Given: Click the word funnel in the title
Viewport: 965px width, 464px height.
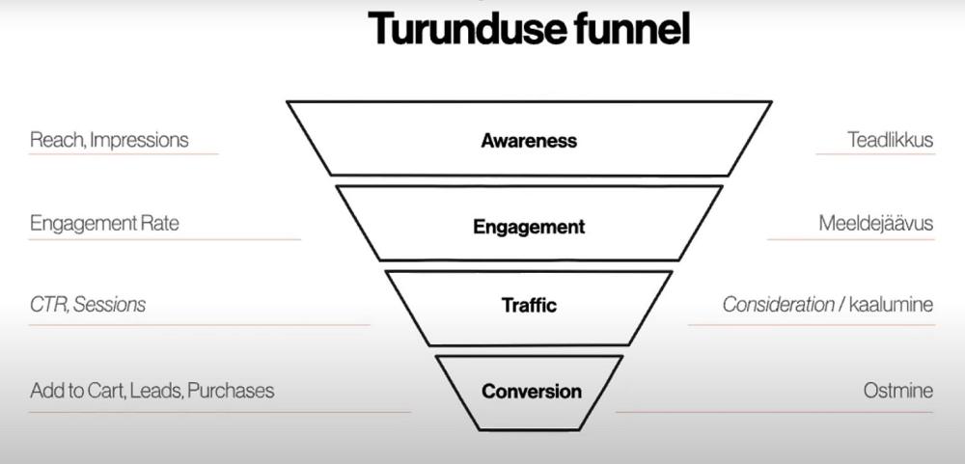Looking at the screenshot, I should pyautogui.click(x=631, y=29).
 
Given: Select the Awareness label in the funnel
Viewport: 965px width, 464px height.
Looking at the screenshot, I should pyautogui.click(x=529, y=141).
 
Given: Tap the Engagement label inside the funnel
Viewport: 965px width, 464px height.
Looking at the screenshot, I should pyautogui.click(x=529, y=228).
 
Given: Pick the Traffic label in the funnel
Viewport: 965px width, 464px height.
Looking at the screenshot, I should pyautogui.click(x=529, y=306).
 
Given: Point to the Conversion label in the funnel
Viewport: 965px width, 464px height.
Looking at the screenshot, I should pyautogui.click(x=532, y=392).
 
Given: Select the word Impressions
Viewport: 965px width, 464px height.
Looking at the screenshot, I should pyautogui.click(x=139, y=140).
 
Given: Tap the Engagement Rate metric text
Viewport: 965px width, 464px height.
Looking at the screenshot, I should pyautogui.click(x=104, y=224).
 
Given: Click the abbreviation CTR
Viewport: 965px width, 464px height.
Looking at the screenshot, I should pyautogui.click(x=48, y=305).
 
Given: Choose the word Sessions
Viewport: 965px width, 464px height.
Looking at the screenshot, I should pyautogui.click(x=110, y=305).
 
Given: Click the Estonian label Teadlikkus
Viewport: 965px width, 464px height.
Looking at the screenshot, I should pyautogui.click(x=890, y=140).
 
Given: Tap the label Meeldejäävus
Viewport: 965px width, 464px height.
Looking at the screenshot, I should pyautogui.click(x=875, y=224).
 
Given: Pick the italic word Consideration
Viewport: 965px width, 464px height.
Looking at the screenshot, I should pyautogui.click(x=778, y=305).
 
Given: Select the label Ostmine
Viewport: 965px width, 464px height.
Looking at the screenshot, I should pyautogui.click(x=897, y=391).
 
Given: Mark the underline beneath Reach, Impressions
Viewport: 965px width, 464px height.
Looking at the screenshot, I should pyautogui.click(x=124, y=154).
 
